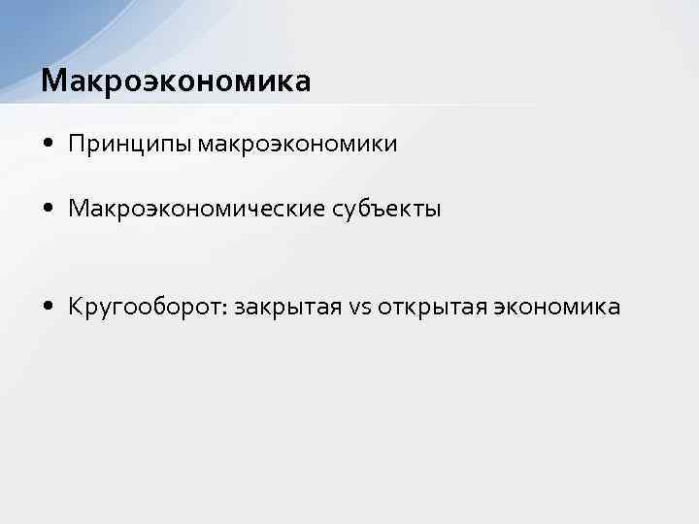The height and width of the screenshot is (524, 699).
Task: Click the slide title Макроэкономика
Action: point(176,82)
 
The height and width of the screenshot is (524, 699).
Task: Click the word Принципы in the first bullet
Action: point(130,145)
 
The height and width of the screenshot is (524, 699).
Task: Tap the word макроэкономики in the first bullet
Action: point(297,145)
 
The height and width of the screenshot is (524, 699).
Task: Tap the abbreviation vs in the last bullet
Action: point(359,309)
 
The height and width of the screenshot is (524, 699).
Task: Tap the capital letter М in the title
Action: point(52,82)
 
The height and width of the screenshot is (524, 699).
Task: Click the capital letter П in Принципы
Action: point(76,144)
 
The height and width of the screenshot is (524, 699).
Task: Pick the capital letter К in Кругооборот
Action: point(76,308)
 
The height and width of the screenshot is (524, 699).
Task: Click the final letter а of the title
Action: point(303,82)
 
